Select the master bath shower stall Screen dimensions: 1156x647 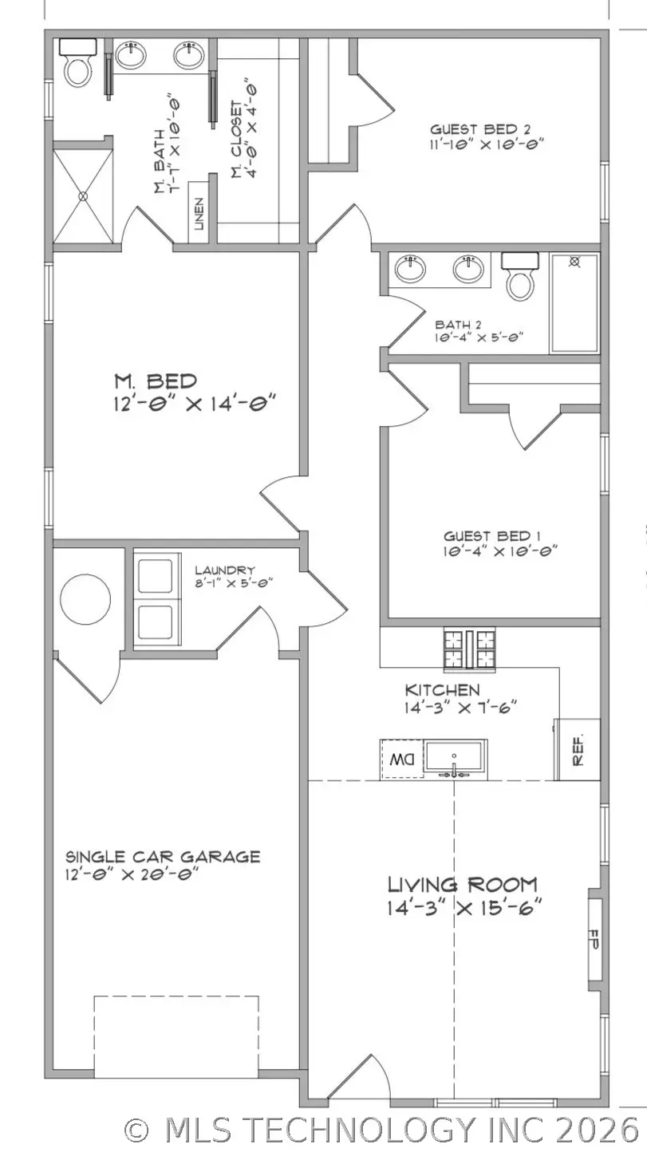(84, 194)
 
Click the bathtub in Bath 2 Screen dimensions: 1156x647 (574, 303)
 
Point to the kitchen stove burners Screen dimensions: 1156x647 (469, 647)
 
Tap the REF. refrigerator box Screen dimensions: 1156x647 (578, 744)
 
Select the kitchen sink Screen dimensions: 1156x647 (454, 757)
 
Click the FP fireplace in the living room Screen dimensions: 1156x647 (594, 937)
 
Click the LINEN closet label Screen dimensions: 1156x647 (199, 213)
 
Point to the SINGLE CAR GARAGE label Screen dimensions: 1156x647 (163, 857)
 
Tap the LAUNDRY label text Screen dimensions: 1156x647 (225, 570)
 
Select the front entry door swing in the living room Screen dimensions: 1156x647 (362, 1077)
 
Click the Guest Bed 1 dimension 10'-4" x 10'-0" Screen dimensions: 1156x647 (499, 550)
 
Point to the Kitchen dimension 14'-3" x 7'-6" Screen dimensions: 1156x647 (462, 706)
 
